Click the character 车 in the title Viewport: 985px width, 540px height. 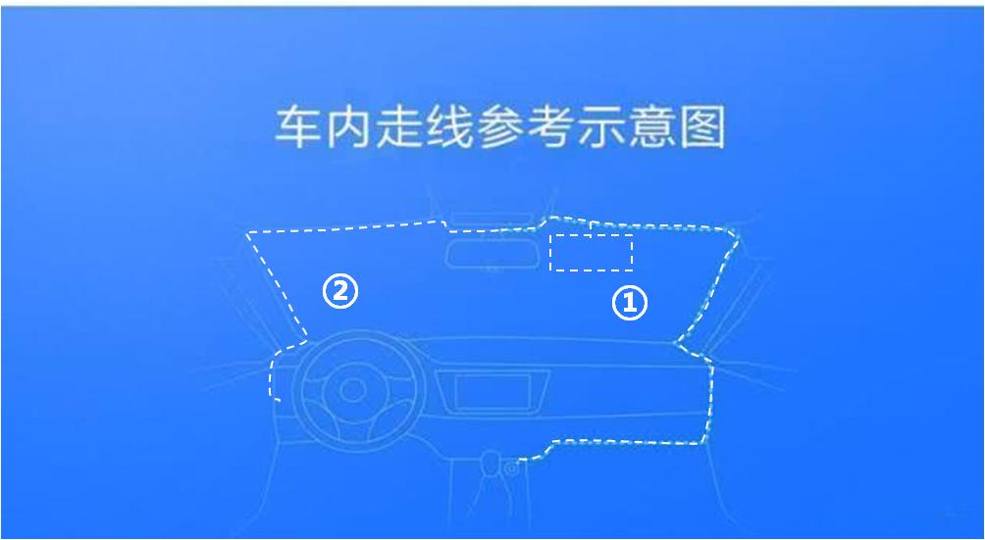[x=298, y=127]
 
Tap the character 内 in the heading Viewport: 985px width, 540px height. [x=348, y=127]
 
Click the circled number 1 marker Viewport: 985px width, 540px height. [x=630, y=303]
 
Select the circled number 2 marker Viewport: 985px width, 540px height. [x=340, y=291]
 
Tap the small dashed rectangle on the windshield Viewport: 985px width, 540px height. [x=591, y=252]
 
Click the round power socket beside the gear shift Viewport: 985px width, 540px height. [x=511, y=468]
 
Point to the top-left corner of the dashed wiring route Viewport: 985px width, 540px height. [x=248, y=233]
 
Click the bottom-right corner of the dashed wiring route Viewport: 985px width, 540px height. [x=704, y=443]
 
